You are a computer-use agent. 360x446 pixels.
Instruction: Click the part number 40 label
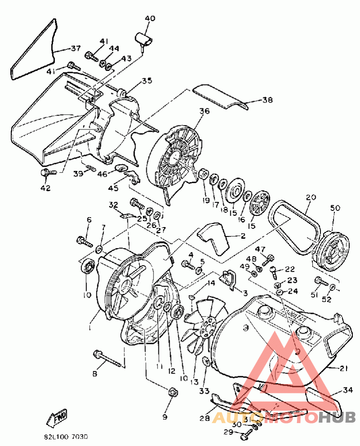[x=150, y=18]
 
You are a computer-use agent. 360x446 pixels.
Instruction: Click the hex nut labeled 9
[x=171, y=392]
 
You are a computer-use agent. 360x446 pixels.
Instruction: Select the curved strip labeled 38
[x=220, y=98]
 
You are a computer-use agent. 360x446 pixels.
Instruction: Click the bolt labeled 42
[x=46, y=172]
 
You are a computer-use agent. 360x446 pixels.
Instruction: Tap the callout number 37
[x=75, y=49]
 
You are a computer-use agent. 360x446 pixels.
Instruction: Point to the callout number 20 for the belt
[x=310, y=197]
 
